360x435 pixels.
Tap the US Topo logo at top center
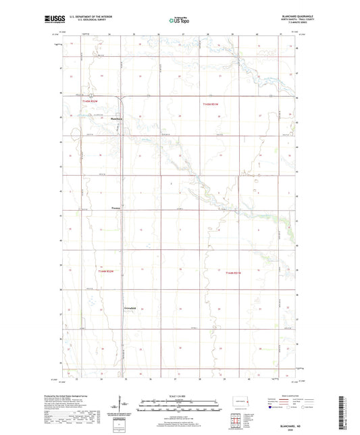coord(180,20)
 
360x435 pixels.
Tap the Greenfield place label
coord(131,307)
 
